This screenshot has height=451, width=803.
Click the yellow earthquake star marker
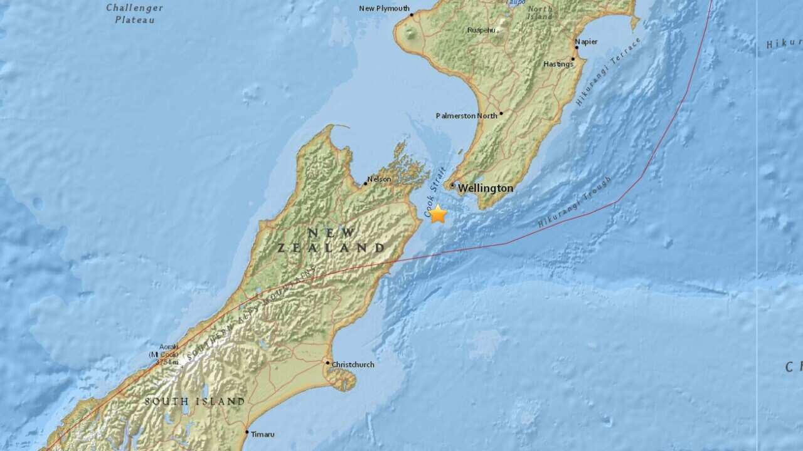click(438, 214)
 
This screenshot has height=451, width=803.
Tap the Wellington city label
click(485, 188)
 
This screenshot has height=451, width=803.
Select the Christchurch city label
click(353, 365)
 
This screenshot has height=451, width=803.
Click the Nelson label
click(379, 179)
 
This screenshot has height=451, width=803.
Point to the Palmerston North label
click(467, 115)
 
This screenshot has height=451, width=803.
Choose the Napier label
click(586, 42)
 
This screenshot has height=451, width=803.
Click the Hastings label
click(558, 64)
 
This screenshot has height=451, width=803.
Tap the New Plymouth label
click(384, 9)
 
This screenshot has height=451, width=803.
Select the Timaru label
click(263, 433)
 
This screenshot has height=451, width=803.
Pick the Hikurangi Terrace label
click(608, 72)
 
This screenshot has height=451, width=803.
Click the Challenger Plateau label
click(134, 14)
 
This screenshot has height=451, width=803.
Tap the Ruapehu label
click(483, 30)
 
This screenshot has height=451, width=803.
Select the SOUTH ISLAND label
click(194, 401)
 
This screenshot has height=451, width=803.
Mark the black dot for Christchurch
click(327, 363)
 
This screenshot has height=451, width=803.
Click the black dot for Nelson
click(365, 184)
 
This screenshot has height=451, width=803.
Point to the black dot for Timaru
click(247, 432)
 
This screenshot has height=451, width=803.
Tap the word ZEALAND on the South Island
click(331, 248)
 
